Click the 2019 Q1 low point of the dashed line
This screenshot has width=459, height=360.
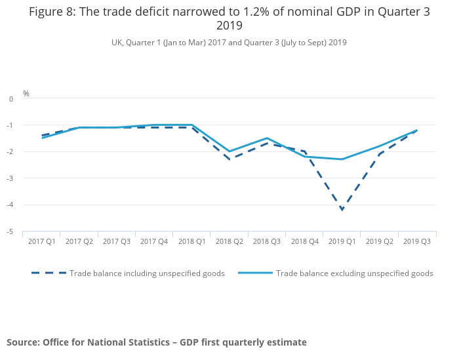pos(342,210)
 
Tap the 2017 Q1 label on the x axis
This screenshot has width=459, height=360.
pos(41,242)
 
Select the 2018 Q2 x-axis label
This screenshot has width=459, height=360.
pos(229,242)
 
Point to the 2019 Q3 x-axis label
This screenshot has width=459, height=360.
pos(417,242)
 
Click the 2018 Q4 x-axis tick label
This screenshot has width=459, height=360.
pos(305,242)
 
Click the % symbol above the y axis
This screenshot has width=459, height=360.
pos(26,94)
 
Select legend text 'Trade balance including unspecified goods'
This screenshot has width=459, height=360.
pos(147,273)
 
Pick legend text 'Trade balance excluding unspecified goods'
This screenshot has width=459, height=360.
pos(354,273)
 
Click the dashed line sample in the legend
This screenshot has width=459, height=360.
pos(49,273)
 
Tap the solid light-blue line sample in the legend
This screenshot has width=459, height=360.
pos(255,273)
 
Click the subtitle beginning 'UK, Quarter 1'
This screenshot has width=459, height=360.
pos(229,43)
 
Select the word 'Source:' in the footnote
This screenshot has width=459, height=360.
pos(23,342)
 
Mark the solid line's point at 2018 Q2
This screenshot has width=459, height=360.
pos(229,151)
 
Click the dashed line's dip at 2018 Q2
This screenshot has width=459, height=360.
pos(229,159)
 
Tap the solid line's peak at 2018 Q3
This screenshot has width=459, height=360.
pos(267,138)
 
